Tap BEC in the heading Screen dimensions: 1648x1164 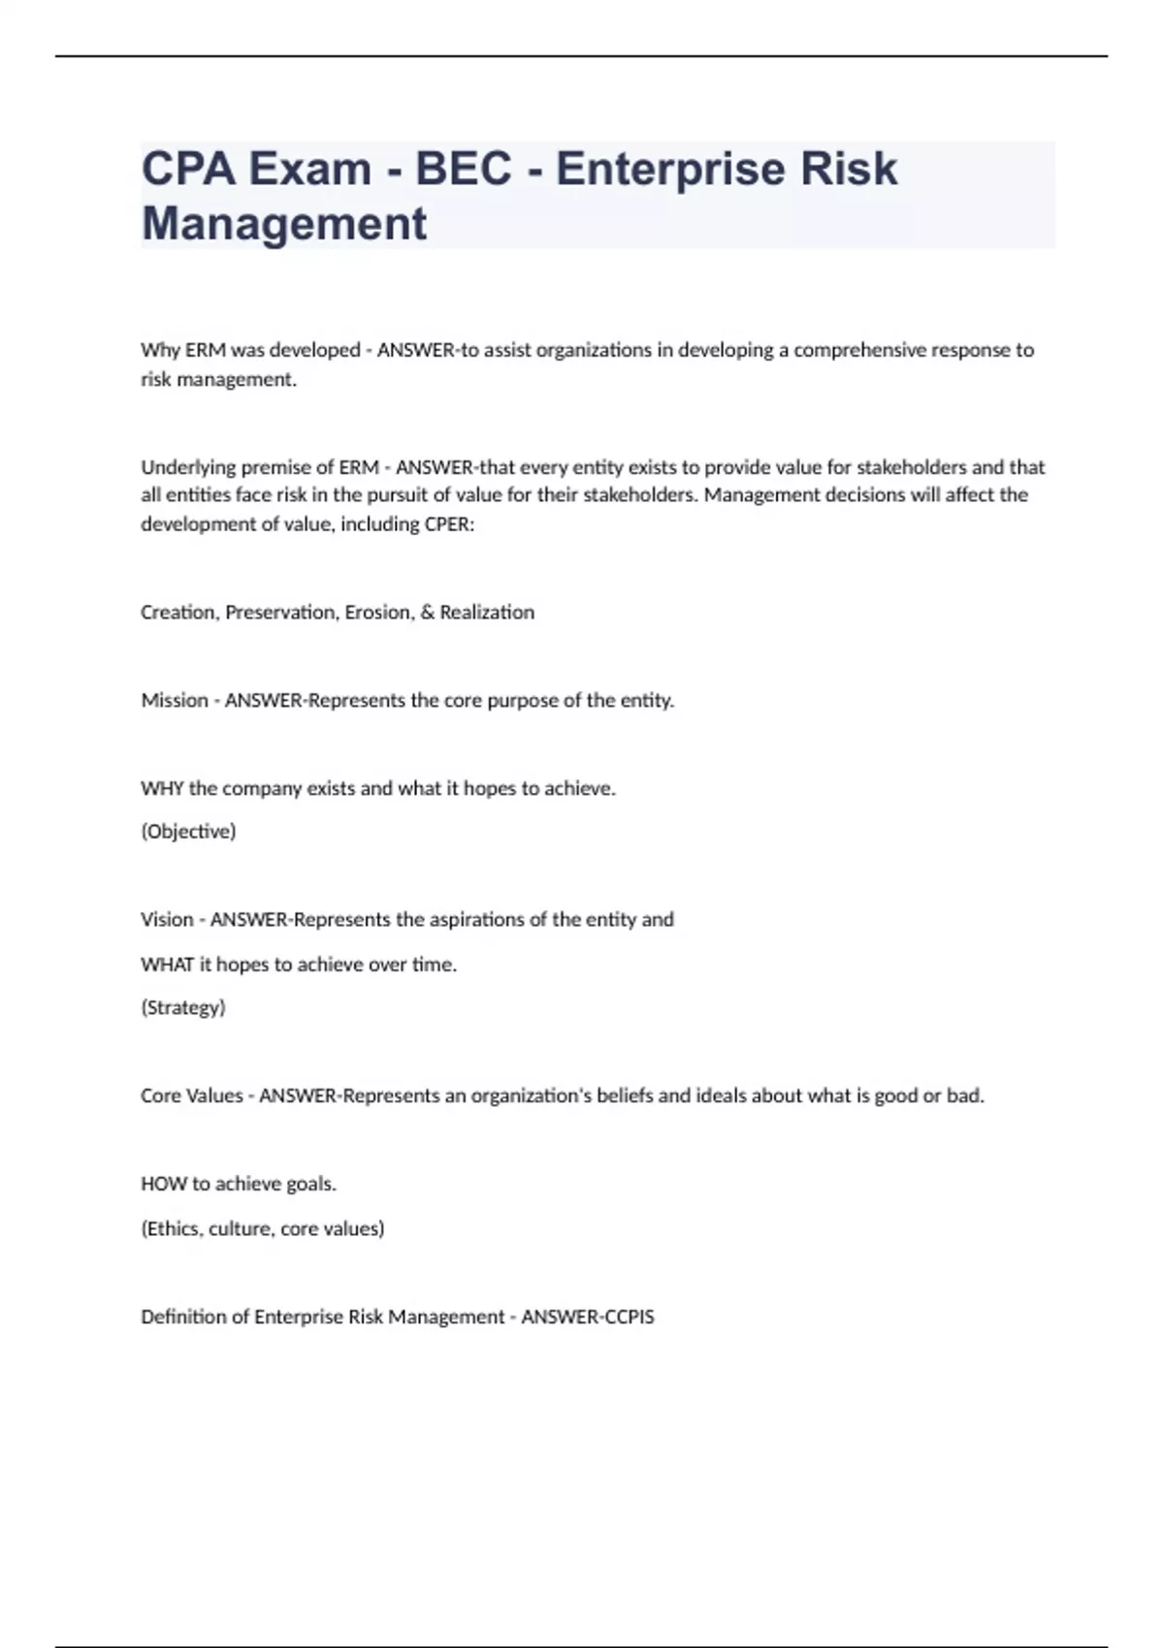point(463,169)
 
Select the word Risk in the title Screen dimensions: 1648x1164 point(848,169)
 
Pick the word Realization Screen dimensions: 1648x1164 point(487,613)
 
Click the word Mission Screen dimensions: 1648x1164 point(175,700)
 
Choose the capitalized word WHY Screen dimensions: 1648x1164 point(162,788)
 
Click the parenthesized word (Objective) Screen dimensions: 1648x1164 point(188,832)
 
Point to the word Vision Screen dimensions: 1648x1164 point(167,919)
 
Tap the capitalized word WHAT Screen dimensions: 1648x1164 point(167,965)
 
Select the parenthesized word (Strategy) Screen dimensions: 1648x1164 point(183,1007)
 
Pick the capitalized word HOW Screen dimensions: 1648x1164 point(163,1184)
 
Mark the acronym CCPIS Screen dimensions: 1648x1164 point(621,1316)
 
